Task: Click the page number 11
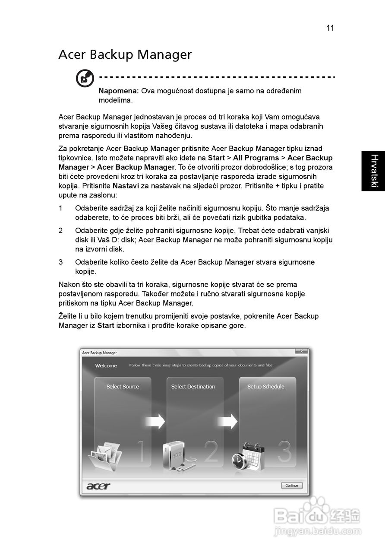pyautogui.click(x=330, y=28)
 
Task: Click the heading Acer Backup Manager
pyautogui.click(x=125, y=55)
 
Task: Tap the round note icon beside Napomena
pyautogui.click(x=85, y=79)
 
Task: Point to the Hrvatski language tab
pyautogui.click(x=373, y=171)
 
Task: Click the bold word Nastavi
pyautogui.click(x=125, y=186)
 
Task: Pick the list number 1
pyautogui.click(x=61, y=208)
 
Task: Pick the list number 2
pyautogui.click(x=61, y=231)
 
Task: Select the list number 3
pyautogui.click(x=61, y=262)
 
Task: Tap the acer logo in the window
pyautogui.click(x=98, y=486)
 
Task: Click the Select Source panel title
pyautogui.click(x=123, y=387)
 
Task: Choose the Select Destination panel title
pyautogui.click(x=193, y=387)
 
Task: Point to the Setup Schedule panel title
pyautogui.click(x=266, y=387)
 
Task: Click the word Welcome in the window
pyautogui.click(x=106, y=366)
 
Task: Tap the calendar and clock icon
pyautogui.click(x=248, y=458)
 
